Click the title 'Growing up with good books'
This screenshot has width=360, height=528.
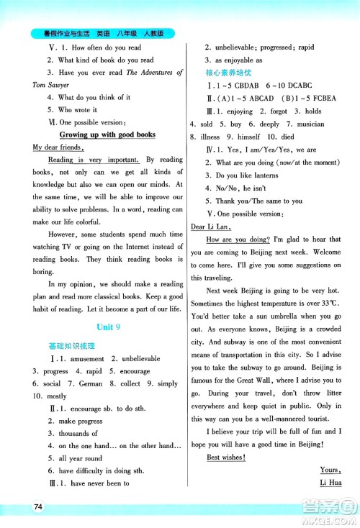tap(109, 135)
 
